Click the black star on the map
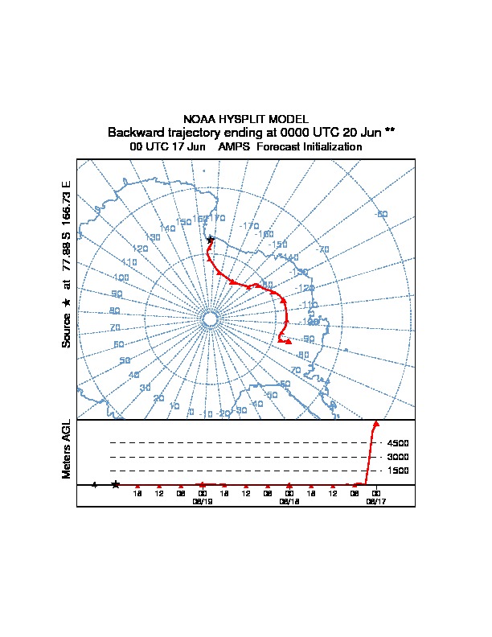[x=210, y=240]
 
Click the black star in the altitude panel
[x=116, y=484]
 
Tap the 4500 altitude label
[x=397, y=442]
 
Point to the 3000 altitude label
[x=397, y=457]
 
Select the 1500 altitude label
[x=397, y=471]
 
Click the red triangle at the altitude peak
[x=376, y=423]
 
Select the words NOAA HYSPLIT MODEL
[x=246, y=120]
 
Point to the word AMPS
[x=234, y=147]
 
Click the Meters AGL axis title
[x=67, y=450]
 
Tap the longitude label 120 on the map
[x=141, y=249]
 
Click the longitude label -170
[x=250, y=226]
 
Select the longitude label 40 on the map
[x=133, y=375]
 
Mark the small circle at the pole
[x=210, y=320]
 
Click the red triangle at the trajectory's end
[x=287, y=342]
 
